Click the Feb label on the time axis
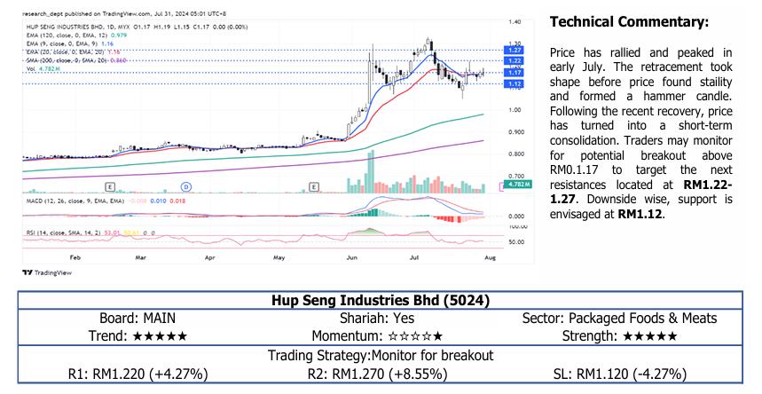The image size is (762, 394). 75,256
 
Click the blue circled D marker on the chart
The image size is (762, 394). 186,186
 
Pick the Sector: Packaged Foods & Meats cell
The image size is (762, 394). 619,318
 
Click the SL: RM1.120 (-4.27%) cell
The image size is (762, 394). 619,374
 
